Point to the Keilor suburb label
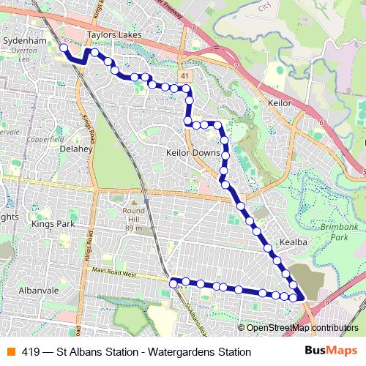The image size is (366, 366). pyautogui.click(x=280, y=104)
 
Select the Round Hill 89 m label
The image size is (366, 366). pyautogui.click(x=133, y=217)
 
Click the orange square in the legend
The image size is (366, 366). pyautogui.click(x=10, y=352)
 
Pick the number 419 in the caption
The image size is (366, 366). pyautogui.click(x=30, y=352)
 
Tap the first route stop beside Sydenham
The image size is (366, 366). pyautogui.click(x=64, y=48)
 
